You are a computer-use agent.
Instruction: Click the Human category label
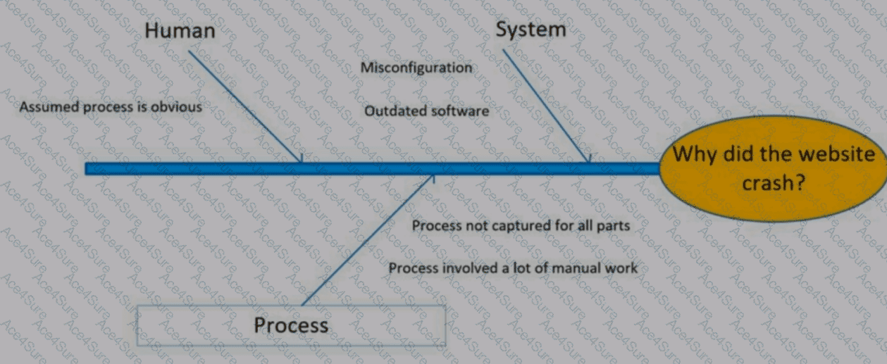[x=180, y=30]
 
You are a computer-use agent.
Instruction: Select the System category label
[x=531, y=30]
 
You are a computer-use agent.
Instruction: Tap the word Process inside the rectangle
[x=291, y=325]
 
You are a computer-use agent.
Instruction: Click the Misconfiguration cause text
[x=416, y=68]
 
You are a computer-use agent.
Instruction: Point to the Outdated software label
[x=426, y=111]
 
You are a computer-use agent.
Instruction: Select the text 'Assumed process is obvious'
[x=111, y=107]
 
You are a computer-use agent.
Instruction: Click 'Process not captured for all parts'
[x=521, y=226]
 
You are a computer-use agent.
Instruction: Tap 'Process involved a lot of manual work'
[x=513, y=268]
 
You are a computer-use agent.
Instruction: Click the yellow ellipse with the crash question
[x=773, y=168]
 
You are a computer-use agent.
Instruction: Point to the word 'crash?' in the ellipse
[x=774, y=183]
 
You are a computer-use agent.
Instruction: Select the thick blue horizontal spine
[x=373, y=168]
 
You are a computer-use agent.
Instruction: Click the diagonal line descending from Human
[x=244, y=106]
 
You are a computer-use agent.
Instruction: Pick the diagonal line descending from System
[x=546, y=106]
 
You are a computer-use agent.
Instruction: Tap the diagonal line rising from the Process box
[x=368, y=240]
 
